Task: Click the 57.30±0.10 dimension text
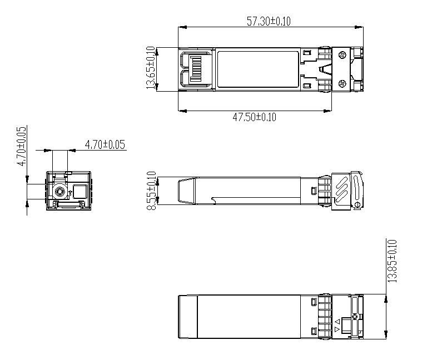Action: [x=269, y=21]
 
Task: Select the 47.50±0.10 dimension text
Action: [x=254, y=117]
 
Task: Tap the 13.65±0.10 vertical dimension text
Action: [x=151, y=68]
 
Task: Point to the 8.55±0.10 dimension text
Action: [x=152, y=191]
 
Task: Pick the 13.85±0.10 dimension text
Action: [x=392, y=261]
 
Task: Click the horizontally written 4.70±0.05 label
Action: [x=105, y=144]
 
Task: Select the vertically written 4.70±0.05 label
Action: [x=22, y=146]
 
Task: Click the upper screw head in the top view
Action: [x=342, y=55]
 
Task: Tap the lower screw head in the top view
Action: [x=342, y=84]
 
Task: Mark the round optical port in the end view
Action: [x=59, y=192]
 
